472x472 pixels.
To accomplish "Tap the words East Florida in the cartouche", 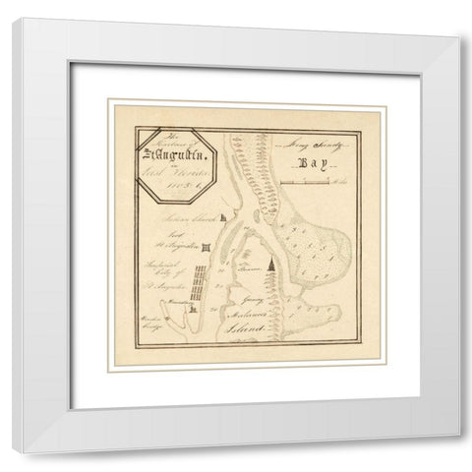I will pos(170,171).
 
